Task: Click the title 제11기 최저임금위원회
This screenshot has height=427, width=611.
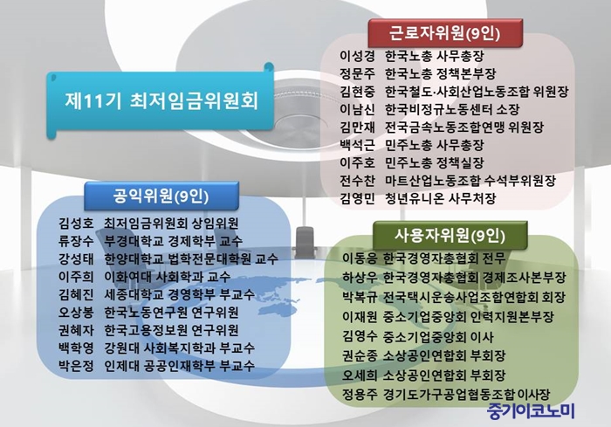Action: pyautogui.click(x=161, y=100)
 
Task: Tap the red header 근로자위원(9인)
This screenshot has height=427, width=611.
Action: pyautogui.click(x=444, y=33)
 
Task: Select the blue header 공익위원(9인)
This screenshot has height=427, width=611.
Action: pyautogui.click(x=161, y=196)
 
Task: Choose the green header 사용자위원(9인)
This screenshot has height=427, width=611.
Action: pyautogui.click(x=450, y=235)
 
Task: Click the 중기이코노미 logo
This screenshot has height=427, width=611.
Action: pyautogui.click(x=531, y=411)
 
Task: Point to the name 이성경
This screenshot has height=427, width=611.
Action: pyautogui.click(x=357, y=56)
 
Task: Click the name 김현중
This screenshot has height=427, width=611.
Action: pyautogui.click(x=357, y=92)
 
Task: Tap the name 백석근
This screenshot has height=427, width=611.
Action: pyautogui.click(x=357, y=145)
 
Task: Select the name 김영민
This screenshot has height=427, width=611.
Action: pyautogui.click(x=357, y=198)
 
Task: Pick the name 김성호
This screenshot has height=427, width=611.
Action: pyautogui.click(x=77, y=223)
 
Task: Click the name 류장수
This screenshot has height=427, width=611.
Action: pyautogui.click(x=77, y=241)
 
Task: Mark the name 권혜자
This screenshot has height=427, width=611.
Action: pyautogui.click(x=77, y=330)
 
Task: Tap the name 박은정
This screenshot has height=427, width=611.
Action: pyautogui.click(x=77, y=366)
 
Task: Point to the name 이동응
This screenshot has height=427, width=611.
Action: pyautogui.click(x=360, y=258)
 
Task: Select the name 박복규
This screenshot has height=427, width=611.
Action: pyautogui.click(x=360, y=297)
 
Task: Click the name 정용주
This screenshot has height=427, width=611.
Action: pyautogui.click(x=360, y=394)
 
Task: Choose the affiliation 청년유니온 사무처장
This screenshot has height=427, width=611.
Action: pyautogui.click(x=440, y=198)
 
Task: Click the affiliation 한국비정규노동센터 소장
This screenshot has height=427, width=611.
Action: pyautogui.click(x=452, y=109)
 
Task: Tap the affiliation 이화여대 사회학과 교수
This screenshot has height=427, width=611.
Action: pyautogui.click(x=168, y=277)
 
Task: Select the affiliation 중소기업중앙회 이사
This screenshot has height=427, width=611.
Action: pyautogui.click(x=438, y=336)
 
